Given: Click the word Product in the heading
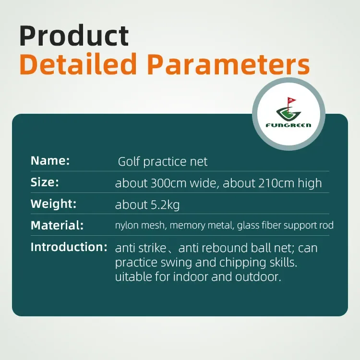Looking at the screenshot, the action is [x=74, y=36].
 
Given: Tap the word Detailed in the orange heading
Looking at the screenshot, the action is [x=78, y=64].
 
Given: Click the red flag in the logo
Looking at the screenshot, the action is [x=291, y=100].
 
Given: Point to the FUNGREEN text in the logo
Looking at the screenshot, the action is [x=288, y=125].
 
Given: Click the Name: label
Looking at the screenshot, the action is [x=50, y=160].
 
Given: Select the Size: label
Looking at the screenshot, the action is [x=45, y=182].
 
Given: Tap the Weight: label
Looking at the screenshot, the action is [x=53, y=204].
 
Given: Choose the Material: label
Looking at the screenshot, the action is [x=57, y=225].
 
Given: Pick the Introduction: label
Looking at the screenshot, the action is [x=69, y=247].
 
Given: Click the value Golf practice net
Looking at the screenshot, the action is [x=163, y=162].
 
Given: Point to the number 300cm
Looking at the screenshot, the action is [x=168, y=183].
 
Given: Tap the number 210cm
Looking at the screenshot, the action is [x=276, y=183].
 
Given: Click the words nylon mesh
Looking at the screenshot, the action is [x=140, y=225].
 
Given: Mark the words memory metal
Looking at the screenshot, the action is [x=202, y=225].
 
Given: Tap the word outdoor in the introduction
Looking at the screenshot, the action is [x=258, y=276].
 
